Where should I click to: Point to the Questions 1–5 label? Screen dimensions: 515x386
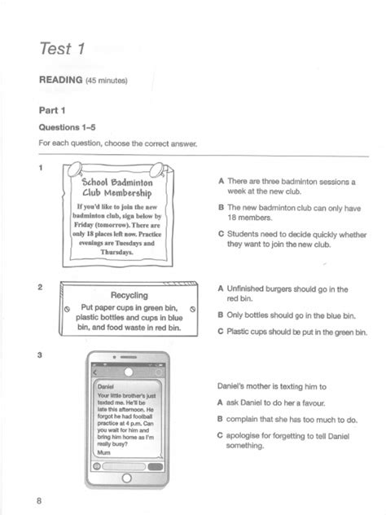[x=72, y=127]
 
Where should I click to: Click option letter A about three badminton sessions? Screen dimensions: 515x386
[x=221, y=181]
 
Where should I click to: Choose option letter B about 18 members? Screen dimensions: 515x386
[x=221, y=207]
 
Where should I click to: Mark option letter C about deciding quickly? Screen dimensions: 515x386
[x=221, y=233]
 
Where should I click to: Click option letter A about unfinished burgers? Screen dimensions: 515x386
[x=221, y=288]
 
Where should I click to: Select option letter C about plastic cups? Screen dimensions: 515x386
[x=221, y=332]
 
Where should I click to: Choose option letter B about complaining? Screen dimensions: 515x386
[x=221, y=419]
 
